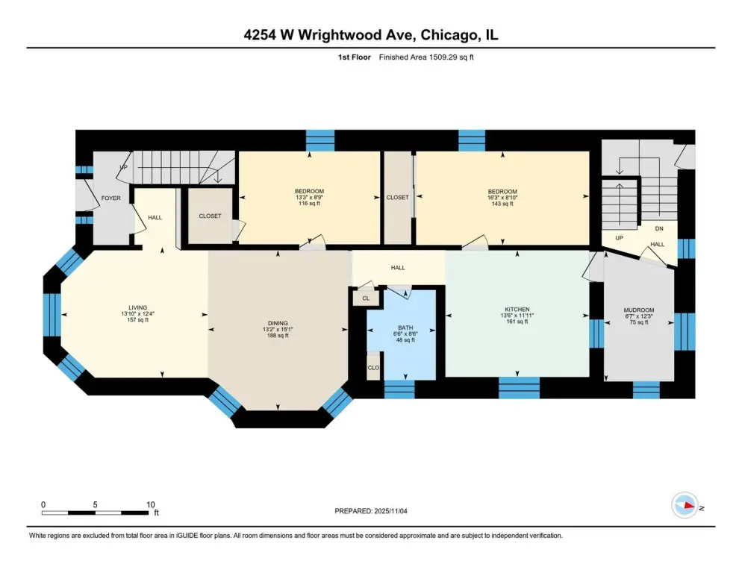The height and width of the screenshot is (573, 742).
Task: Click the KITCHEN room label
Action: click(517, 310)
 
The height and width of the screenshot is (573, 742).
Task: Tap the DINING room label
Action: click(277, 324)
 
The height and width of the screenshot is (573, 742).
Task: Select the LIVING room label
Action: click(137, 307)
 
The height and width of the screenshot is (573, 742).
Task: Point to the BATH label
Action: click(405, 328)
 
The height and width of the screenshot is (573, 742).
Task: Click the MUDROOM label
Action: click(639, 310)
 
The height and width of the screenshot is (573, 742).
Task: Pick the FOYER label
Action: click(110, 198)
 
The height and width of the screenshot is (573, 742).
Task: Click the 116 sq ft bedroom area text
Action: click(310, 204)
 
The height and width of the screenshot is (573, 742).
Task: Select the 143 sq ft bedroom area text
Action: click(502, 204)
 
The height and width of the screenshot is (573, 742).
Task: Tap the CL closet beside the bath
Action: click(366, 298)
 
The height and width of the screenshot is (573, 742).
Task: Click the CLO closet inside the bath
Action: click(373, 368)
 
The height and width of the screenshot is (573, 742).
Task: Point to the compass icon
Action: click(685, 505)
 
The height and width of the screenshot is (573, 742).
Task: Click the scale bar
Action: click(95, 513)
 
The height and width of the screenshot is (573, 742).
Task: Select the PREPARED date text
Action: click(370, 511)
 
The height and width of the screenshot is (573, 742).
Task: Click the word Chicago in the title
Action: click(449, 35)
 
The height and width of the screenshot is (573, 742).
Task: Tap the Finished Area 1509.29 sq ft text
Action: click(426, 57)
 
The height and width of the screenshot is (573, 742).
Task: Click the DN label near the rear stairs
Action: click(658, 228)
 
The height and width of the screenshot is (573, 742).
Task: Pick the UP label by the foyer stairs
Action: click(123, 168)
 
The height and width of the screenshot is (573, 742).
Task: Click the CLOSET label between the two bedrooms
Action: click(397, 197)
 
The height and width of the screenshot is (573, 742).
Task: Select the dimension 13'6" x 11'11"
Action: click(517, 316)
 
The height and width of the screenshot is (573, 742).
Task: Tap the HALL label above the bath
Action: click(397, 268)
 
